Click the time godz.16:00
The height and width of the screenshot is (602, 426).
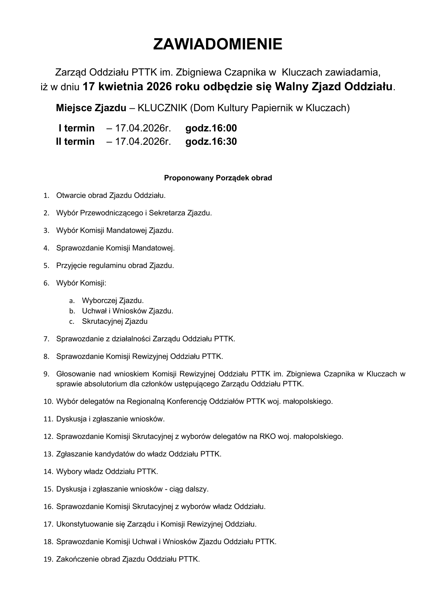click(211, 128)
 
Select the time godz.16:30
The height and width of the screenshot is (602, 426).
click(211, 142)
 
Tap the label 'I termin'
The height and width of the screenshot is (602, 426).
click(76, 128)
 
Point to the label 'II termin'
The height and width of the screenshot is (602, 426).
click(75, 142)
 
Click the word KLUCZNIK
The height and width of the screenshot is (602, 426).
click(162, 108)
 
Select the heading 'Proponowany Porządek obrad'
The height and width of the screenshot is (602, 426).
click(218, 178)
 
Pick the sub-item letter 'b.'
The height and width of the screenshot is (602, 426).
click(72, 311)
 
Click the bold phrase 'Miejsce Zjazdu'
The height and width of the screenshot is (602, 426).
click(91, 108)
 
